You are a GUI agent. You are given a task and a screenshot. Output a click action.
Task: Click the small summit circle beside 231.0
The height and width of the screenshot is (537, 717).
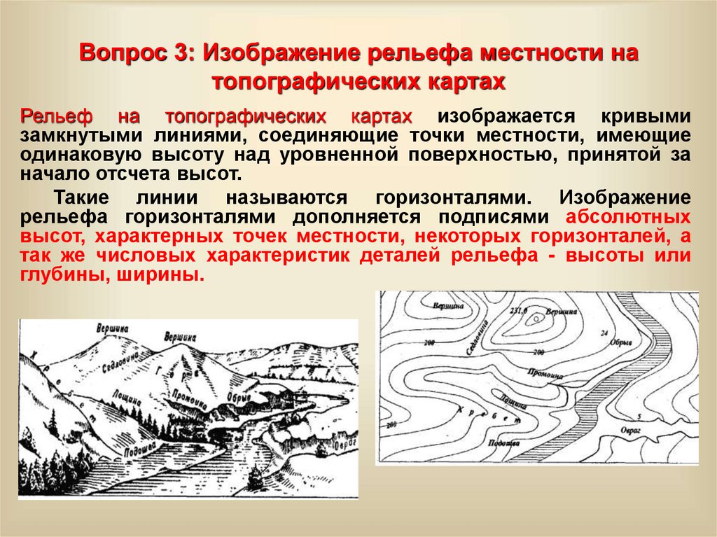536,318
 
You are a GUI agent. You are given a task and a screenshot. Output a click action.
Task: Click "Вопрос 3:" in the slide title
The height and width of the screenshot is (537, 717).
137,54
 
